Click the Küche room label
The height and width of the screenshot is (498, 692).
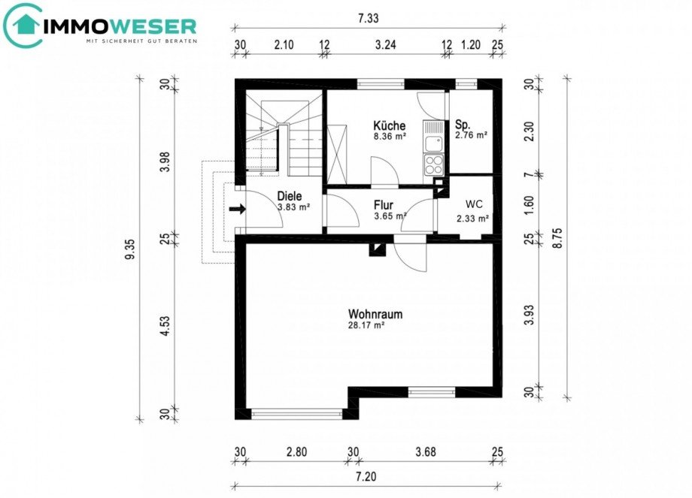390,125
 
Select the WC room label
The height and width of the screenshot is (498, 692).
474,204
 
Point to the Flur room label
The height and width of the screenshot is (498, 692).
384,204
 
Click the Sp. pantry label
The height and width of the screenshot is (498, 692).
463,125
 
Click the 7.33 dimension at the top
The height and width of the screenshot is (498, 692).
368,19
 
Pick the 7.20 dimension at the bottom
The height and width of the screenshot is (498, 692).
368,477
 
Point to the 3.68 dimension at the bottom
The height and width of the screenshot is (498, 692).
424,452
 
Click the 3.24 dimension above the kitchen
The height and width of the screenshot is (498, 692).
385,45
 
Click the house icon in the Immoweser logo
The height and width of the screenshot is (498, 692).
23,26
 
